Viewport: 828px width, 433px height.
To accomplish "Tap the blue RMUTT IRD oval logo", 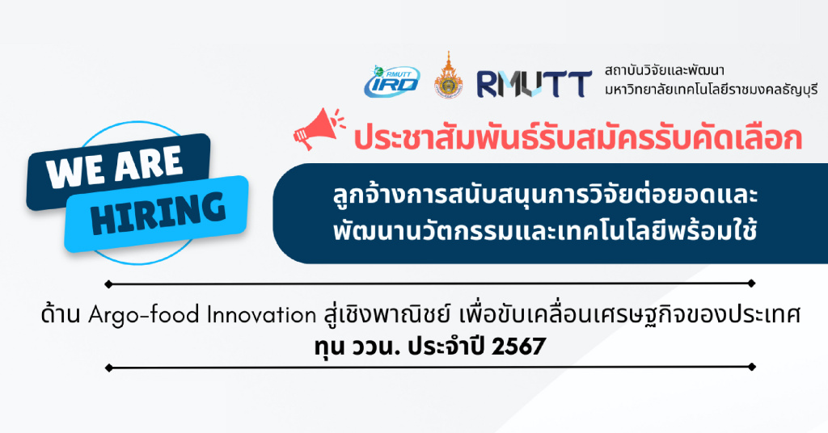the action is pos(392,82).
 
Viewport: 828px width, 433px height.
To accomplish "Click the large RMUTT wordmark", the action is pos(534,84).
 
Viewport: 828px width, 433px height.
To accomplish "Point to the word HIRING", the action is pos(158,212).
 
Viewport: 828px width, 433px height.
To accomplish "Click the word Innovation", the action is pos(261,315).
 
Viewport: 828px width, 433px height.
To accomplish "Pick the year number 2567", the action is pos(518,347).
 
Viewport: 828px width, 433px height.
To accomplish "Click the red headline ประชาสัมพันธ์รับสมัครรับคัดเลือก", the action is pos(577,137).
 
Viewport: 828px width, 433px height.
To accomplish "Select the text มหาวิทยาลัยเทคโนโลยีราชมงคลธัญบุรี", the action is pos(711,89).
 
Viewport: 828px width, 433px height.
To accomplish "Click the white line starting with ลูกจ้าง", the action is pos(546,195).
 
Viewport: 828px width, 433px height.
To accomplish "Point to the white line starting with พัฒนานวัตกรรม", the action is pos(545,230).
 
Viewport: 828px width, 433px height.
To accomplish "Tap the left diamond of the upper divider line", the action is pos(108,284).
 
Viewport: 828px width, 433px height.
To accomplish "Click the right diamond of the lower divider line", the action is pos(752,367).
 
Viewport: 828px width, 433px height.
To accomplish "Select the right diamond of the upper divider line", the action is pos(752,284).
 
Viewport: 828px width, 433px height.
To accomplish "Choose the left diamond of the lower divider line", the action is pos(108,368).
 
